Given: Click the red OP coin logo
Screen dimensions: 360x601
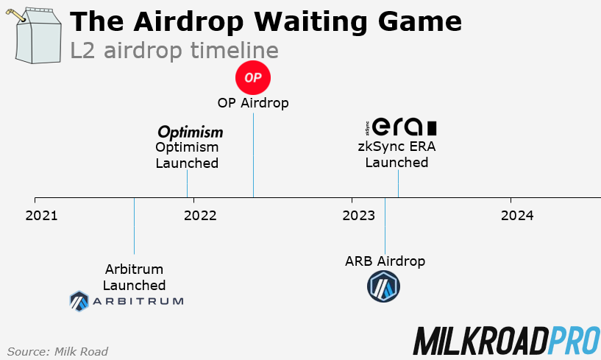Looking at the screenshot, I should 253,77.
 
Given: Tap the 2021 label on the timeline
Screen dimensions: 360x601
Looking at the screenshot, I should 41,216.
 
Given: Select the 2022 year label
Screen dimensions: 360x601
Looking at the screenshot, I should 200,216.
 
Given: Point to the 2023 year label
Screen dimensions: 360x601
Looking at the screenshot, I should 359,216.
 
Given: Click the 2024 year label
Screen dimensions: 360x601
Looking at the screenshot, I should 518,216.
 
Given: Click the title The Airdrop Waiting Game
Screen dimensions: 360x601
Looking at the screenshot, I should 266,21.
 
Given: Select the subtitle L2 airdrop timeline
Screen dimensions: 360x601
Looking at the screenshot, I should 174,51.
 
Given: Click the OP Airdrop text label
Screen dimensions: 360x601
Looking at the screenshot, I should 253,103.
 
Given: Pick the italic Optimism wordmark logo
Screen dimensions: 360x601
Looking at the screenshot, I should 190,132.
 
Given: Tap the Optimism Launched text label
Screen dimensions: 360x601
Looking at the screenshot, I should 187,155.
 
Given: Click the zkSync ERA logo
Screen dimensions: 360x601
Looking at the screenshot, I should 400,126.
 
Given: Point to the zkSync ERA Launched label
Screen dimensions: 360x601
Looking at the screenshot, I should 397,154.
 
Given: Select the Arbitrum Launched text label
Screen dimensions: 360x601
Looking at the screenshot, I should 134,277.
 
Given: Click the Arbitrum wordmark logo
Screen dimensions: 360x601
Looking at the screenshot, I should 126,300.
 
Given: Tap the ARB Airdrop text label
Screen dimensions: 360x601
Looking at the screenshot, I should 385,261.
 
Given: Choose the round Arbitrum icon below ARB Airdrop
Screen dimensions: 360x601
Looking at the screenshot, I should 383,286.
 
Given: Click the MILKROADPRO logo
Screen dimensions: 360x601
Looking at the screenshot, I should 505,341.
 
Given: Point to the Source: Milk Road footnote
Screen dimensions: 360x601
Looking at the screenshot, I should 57,351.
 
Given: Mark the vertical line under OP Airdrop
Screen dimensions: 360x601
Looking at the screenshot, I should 253,155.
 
